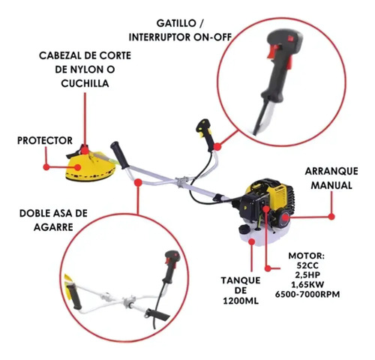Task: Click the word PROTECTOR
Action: (45, 140)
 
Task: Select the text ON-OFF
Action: (212, 37)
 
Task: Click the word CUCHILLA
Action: (85, 83)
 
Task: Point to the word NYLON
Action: (85, 69)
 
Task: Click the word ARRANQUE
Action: (331, 171)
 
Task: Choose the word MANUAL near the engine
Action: (331, 185)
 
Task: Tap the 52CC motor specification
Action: (308, 265)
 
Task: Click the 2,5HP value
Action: (307, 275)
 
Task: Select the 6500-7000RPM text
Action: (307, 294)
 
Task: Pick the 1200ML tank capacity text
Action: (241, 301)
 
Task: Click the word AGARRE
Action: (53, 227)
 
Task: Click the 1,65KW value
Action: (307, 285)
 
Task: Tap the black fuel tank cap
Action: (244, 228)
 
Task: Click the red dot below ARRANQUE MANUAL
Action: (331, 217)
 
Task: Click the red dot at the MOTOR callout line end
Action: (268, 268)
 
